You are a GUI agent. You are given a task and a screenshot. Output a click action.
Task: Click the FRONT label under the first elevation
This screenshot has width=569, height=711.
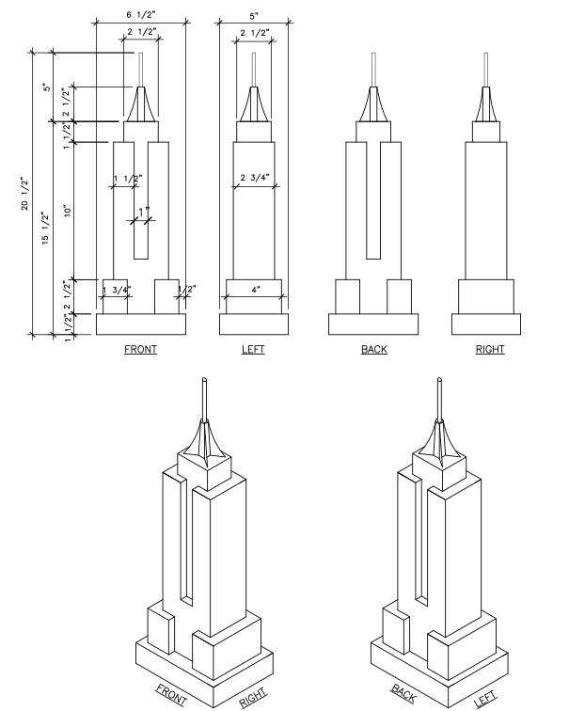(x=141, y=349)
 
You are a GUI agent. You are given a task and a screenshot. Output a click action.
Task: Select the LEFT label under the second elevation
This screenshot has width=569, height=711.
(x=252, y=349)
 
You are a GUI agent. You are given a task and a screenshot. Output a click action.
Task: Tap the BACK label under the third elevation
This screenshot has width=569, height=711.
(x=373, y=349)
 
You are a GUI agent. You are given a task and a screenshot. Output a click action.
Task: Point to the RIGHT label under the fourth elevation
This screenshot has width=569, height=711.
(x=489, y=349)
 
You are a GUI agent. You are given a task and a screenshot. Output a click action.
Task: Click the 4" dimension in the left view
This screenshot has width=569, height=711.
(x=255, y=290)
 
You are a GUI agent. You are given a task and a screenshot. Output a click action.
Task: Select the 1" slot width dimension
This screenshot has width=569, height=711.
(x=144, y=212)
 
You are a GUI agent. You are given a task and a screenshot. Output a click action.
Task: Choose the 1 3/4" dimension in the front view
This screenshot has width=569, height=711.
(x=117, y=290)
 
